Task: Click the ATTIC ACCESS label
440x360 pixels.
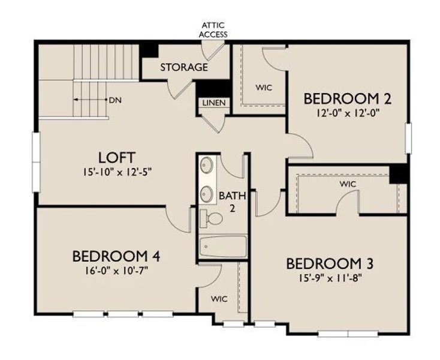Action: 214,30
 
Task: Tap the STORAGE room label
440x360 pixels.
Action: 184,67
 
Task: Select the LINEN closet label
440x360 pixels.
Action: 214,103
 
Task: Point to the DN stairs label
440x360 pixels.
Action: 115,100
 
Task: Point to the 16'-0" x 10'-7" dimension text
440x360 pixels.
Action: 116,270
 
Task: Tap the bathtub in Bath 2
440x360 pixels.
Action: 222,246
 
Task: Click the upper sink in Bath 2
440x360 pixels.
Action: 207,164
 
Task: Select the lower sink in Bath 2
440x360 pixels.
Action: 207,193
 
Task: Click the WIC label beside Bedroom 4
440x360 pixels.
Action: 218,298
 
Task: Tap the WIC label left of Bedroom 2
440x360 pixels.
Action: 264,88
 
